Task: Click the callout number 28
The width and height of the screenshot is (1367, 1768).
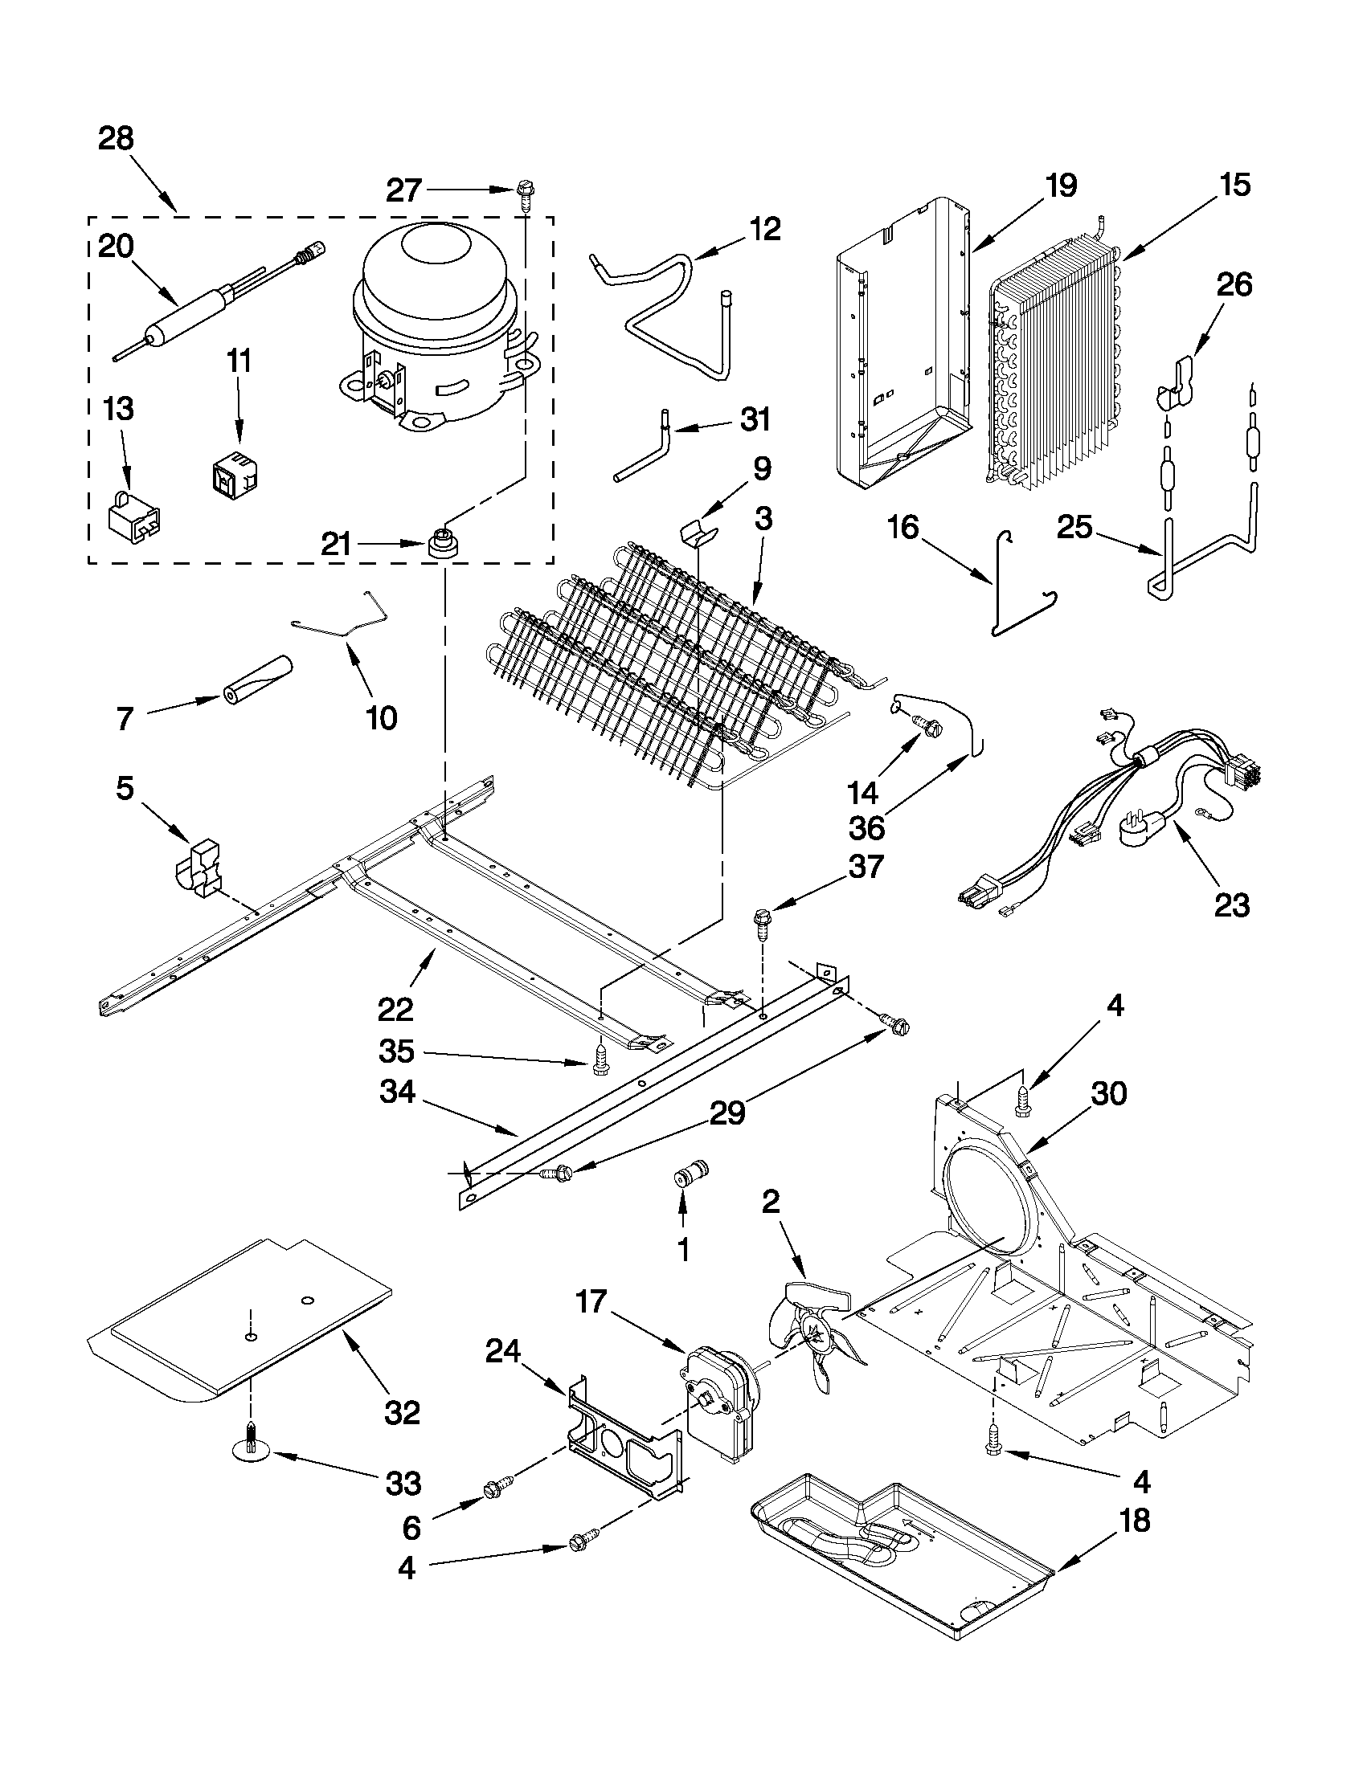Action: [116, 139]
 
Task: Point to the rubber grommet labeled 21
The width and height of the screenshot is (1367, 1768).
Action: [442, 543]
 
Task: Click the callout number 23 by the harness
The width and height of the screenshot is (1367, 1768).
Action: [1231, 904]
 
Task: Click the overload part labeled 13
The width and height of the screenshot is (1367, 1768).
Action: [132, 516]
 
